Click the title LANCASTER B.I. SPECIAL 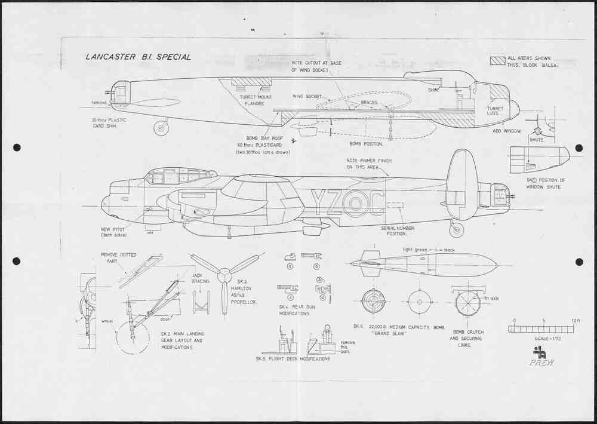[x=138, y=57]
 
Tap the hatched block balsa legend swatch [x=497, y=61]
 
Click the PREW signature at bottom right [x=541, y=362]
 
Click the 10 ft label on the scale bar [x=574, y=321]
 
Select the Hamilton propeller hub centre [x=224, y=275]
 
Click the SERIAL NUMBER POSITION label [x=397, y=231]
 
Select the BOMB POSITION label [x=366, y=143]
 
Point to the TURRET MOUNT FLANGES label [x=251, y=100]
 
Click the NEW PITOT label [x=113, y=231]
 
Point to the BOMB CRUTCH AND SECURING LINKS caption [x=467, y=339]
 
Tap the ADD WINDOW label [x=506, y=130]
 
